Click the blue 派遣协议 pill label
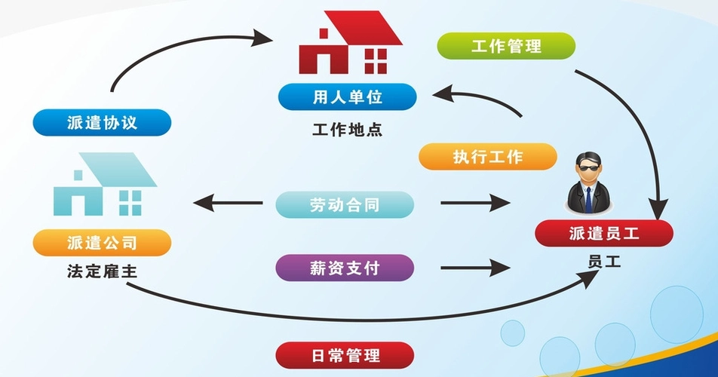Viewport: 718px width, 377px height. (102, 123)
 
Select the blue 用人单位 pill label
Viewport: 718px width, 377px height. (348, 97)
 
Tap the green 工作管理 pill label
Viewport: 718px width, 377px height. (506, 46)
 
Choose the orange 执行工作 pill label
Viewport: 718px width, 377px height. (488, 157)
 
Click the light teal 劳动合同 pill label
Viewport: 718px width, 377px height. (345, 204)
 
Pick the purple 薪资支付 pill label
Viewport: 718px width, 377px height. (345, 268)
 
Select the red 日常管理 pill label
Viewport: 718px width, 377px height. (345, 355)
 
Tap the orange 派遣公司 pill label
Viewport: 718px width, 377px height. (102, 243)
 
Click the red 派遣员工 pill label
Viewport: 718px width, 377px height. (604, 233)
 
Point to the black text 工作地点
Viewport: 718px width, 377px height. (347, 130)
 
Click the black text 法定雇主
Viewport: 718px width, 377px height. (102, 271)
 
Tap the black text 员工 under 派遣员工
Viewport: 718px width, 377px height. (604, 262)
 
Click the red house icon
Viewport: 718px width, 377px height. (350, 42)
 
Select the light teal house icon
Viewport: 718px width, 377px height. (106, 184)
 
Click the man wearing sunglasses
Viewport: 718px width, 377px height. (588, 182)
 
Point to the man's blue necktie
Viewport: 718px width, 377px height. (588, 200)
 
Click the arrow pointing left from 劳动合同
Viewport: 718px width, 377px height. (228, 203)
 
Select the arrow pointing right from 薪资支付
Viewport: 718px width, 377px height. (475, 268)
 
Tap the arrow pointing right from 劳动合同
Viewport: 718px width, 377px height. (475, 203)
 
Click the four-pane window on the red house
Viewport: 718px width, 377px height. (376, 62)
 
